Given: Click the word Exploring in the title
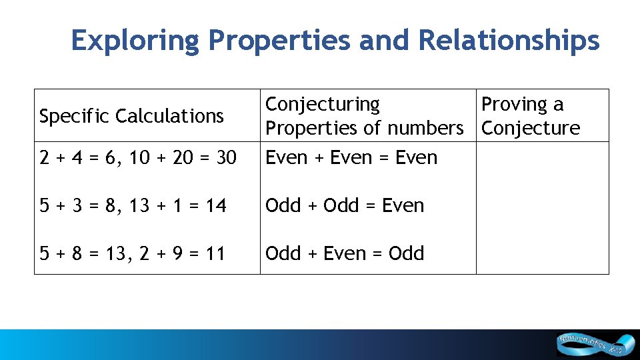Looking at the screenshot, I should pyautogui.click(x=135, y=41).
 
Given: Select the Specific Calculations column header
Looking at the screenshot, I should pyautogui.click(x=131, y=116).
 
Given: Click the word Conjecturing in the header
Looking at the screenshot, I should pyautogui.click(x=323, y=104).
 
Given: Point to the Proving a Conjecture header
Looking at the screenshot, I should pyautogui.click(x=530, y=115).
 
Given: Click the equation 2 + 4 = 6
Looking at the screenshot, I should pyautogui.click(x=70, y=158).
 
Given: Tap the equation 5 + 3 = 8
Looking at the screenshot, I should pyautogui.click(x=70, y=205).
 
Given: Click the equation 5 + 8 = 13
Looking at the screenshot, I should pyautogui.click(x=75, y=253).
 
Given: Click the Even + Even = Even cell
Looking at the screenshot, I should pyautogui.click(x=351, y=158).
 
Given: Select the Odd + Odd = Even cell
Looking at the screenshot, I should pyautogui.click(x=345, y=205).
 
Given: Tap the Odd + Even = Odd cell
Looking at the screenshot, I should pyautogui.click(x=345, y=253).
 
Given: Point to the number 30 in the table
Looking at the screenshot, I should pyautogui.click(x=227, y=158).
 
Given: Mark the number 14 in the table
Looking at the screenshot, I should pyautogui.click(x=217, y=205).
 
